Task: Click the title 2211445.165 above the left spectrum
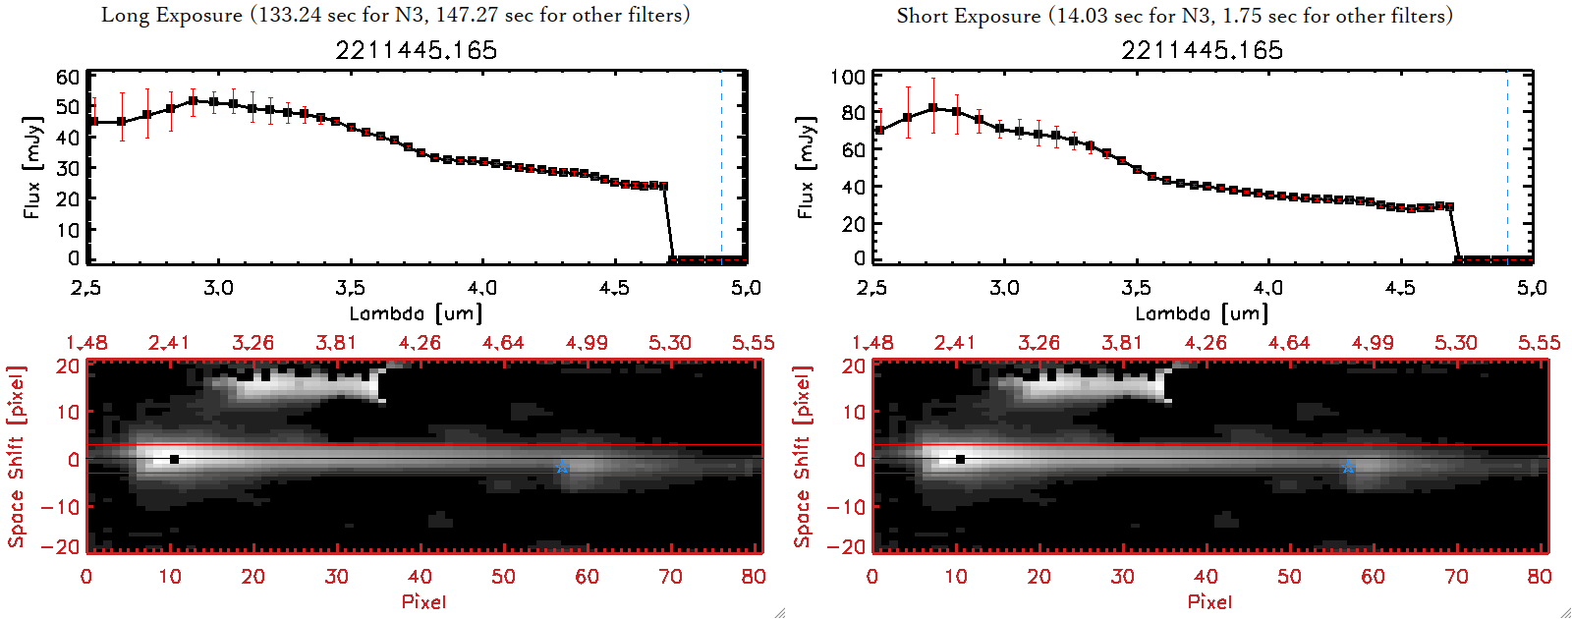pos(416,50)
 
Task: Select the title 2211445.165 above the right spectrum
pos(1202,50)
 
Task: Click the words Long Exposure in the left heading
pos(172,15)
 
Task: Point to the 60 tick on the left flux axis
pos(68,78)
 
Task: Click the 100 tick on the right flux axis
pos(848,78)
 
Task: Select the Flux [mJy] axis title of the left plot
pos(32,167)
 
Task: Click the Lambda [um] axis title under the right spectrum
pos(1202,313)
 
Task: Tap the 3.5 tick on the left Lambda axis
pos(350,288)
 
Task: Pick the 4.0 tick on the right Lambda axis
pos(1267,288)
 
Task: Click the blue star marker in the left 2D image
pos(562,468)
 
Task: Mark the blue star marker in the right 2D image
pos(1348,468)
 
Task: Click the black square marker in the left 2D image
pos(174,459)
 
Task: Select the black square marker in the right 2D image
pos(960,459)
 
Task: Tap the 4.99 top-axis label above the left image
pos(587,343)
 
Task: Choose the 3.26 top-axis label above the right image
pos(1039,343)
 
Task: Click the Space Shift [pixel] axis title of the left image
pos(16,457)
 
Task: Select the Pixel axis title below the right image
pos(1209,601)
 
